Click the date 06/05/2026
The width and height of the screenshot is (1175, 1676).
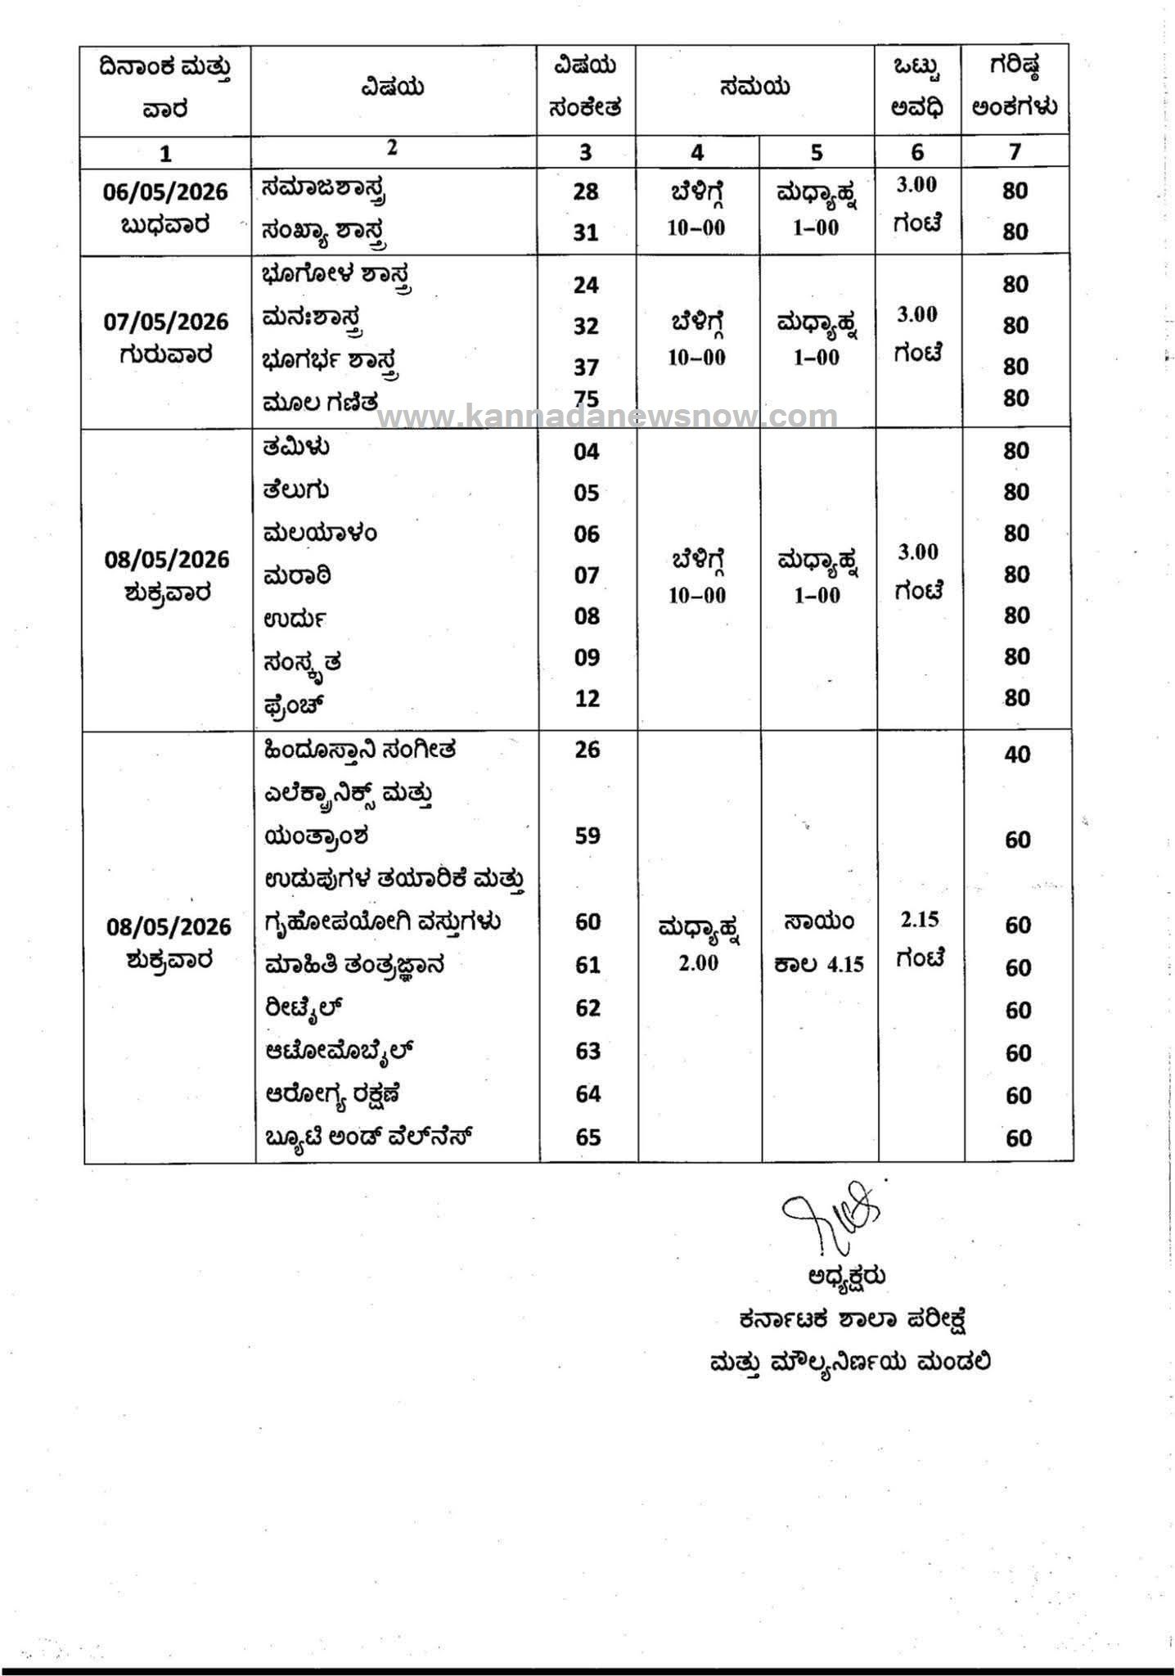tap(165, 191)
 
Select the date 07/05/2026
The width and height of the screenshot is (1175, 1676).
tap(166, 322)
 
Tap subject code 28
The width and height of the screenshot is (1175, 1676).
tap(586, 191)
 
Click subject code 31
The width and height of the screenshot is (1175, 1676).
tap(586, 232)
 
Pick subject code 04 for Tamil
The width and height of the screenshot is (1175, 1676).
tap(587, 452)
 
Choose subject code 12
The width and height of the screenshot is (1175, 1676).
tap(587, 699)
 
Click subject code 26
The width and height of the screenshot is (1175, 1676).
tap(587, 750)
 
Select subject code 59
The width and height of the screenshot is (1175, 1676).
tap(587, 836)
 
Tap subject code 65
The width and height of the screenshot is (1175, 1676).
tap(588, 1138)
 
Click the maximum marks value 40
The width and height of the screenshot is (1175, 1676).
tap(1017, 755)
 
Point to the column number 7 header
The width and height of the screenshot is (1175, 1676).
tap(1015, 152)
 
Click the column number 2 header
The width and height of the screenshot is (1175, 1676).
tap(393, 147)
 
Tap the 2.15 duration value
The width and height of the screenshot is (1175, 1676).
tap(920, 920)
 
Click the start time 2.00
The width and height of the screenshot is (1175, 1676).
tap(698, 963)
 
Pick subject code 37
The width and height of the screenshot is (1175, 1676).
tap(586, 367)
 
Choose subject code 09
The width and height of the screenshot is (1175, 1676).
tap(587, 657)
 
